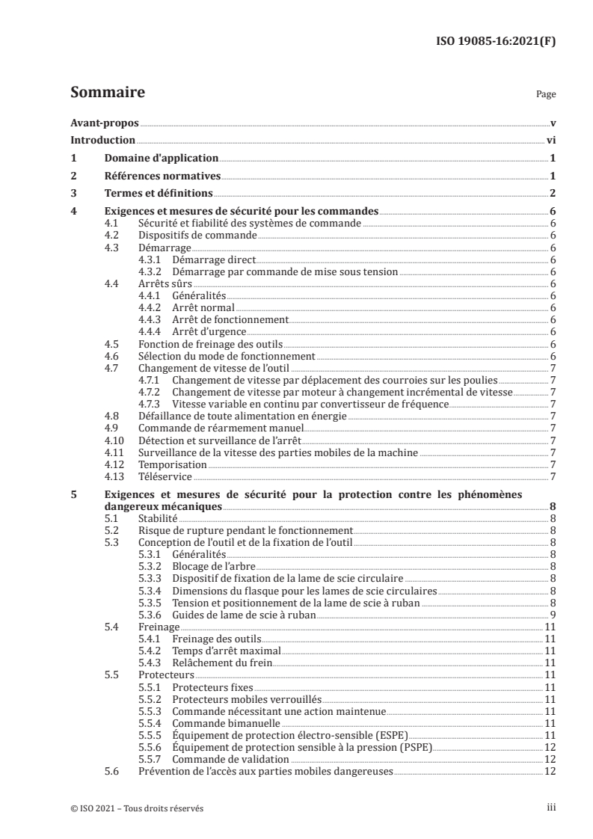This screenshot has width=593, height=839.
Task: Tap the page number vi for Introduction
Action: [x=550, y=141]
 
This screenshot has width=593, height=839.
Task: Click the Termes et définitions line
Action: [x=158, y=194]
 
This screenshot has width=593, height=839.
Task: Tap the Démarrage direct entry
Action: [x=213, y=259]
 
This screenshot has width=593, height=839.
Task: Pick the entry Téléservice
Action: [x=165, y=476]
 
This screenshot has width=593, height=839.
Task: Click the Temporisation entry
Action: [x=173, y=464]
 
